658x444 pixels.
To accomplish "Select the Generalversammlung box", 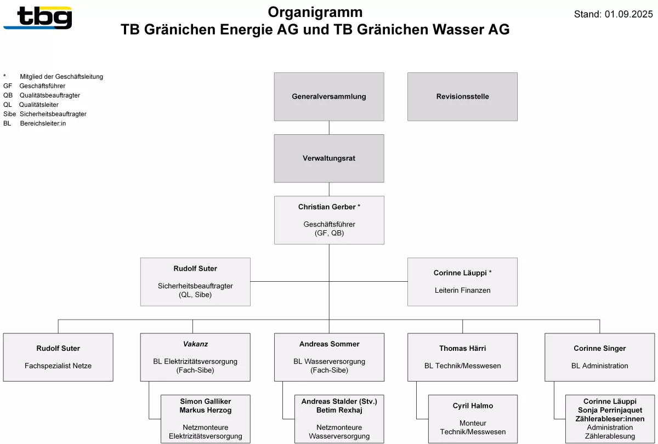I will click(329, 96).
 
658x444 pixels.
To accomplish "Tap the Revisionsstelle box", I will click(462, 96).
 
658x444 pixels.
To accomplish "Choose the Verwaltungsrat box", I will click(329, 158).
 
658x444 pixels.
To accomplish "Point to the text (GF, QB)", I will click(329, 233).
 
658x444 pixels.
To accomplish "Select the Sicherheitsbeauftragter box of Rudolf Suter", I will click(195, 282).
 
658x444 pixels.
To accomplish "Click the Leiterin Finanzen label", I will click(462, 290).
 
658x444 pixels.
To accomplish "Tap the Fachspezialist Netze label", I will click(58, 366).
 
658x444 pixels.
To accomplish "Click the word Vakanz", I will click(195, 344).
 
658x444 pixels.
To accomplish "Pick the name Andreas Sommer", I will click(329, 344).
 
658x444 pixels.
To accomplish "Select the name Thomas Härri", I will click(462, 348).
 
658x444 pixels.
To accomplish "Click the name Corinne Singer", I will click(599, 348).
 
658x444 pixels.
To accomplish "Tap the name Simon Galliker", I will click(205, 402).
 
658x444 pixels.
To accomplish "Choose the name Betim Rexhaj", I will click(339, 410).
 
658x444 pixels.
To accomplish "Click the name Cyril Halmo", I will click(473, 406).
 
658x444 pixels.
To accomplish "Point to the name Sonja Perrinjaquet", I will click(610, 410).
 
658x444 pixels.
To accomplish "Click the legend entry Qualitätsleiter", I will click(38, 105).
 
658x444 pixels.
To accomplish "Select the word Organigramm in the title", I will click(315, 12).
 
